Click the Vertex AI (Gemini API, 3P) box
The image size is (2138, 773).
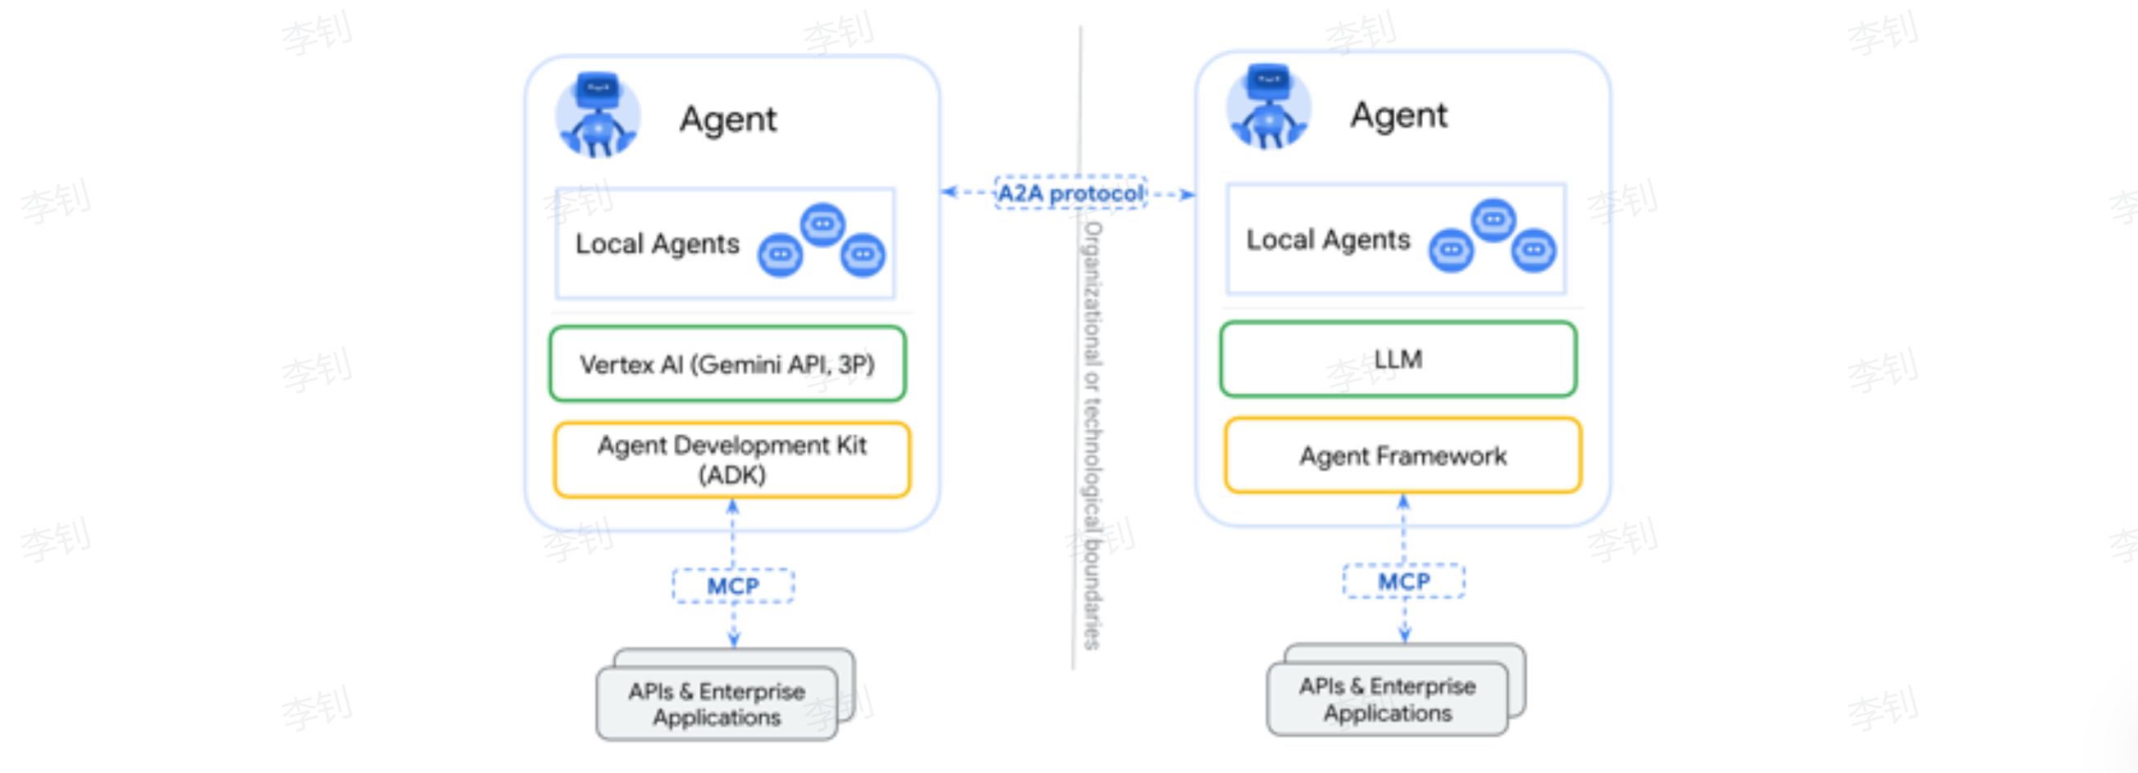(x=727, y=364)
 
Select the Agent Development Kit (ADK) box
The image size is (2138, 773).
(x=732, y=459)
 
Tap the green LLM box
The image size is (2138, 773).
(x=1397, y=359)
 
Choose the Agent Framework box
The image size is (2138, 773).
(x=1402, y=455)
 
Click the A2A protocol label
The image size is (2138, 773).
(x=1071, y=193)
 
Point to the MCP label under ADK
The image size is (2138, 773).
(x=733, y=585)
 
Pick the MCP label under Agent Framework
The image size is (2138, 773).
(x=1403, y=581)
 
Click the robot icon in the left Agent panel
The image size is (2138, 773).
(x=598, y=115)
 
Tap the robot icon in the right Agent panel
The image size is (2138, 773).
(x=1268, y=108)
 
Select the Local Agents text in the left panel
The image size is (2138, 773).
(x=657, y=244)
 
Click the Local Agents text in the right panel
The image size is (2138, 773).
(x=1328, y=240)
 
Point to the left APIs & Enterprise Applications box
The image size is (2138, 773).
(x=717, y=703)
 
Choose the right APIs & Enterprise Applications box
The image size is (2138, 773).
(x=1388, y=698)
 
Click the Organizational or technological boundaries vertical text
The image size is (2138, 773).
(x=1093, y=435)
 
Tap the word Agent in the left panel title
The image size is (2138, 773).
(x=728, y=120)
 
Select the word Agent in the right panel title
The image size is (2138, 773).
(x=1398, y=115)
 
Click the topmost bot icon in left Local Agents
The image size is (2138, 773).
(x=822, y=224)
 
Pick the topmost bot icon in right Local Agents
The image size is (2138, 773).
(x=1493, y=219)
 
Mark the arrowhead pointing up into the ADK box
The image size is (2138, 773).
(x=732, y=506)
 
